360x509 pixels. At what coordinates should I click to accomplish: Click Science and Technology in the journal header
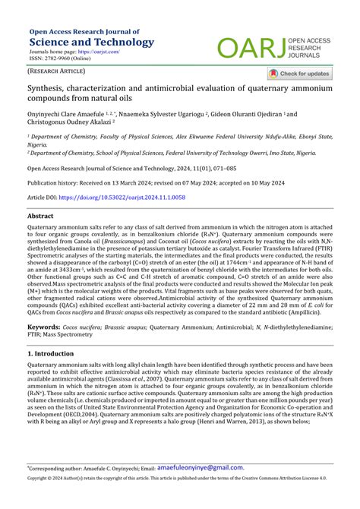tap(90, 42)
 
